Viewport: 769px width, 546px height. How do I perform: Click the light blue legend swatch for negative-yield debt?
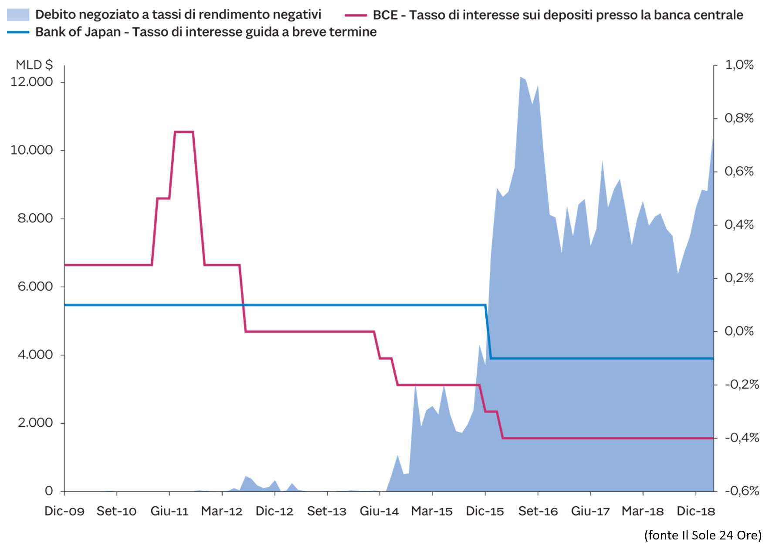click(18, 14)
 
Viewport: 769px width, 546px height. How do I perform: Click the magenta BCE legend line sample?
click(356, 15)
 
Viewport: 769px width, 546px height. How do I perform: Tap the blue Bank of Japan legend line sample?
click(18, 32)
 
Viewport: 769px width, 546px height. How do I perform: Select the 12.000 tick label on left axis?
click(31, 82)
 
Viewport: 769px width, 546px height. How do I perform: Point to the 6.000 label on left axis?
click(35, 286)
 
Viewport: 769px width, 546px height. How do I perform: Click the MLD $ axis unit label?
click(34, 65)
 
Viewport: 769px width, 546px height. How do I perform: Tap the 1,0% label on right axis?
click(739, 65)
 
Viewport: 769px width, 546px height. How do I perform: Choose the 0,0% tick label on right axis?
click(739, 331)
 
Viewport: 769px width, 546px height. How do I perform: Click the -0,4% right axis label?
click(742, 438)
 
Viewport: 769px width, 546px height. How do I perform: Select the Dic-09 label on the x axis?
click(64, 511)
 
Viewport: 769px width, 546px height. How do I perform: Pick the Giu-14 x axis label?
click(379, 511)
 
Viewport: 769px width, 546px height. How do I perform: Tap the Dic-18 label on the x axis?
click(696, 511)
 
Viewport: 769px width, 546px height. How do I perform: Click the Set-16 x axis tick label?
click(538, 511)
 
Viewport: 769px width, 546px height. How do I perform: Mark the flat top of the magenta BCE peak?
click(183, 131)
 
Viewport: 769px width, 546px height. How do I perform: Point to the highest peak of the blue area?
click(521, 78)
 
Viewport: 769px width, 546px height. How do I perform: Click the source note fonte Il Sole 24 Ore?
click(703, 535)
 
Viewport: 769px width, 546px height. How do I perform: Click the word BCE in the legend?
click(385, 15)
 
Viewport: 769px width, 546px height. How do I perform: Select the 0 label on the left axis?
click(49, 491)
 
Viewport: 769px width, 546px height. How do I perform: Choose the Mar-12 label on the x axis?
click(222, 511)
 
